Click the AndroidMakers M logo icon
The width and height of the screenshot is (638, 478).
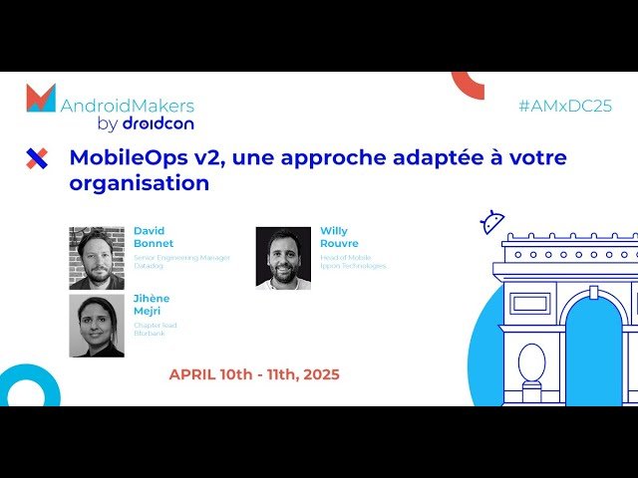[x=41, y=98]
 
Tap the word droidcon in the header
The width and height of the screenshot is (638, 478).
[x=158, y=123]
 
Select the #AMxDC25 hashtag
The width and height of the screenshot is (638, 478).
[x=565, y=107]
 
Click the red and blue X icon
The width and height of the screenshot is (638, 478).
[x=37, y=157]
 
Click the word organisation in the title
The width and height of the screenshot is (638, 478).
[x=139, y=183]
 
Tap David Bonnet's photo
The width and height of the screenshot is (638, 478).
[x=97, y=258]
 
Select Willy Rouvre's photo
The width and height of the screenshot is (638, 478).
[x=283, y=258]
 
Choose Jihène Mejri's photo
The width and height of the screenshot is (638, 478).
[x=97, y=325]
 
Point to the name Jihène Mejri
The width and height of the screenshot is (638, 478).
[x=152, y=304]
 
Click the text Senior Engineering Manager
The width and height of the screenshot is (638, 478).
[x=181, y=257]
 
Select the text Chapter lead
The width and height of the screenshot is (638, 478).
[x=156, y=325]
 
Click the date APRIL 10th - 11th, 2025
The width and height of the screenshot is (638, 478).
[x=254, y=374]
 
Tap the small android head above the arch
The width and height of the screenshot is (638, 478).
[x=491, y=222]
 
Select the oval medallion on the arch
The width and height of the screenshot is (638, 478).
[x=531, y=362]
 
